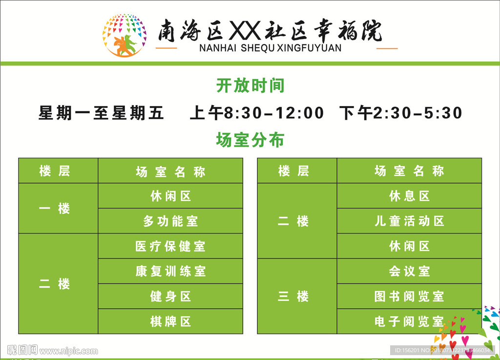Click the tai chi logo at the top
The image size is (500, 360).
[125, 35]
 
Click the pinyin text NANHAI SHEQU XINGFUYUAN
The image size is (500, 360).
[270, 48]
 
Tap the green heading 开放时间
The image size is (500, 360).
[250, 85]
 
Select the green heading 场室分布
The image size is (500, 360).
[250, 140]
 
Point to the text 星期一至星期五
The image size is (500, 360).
[101, 113]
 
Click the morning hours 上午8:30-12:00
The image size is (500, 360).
[257, 113]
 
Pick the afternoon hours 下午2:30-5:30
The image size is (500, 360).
[400, 113]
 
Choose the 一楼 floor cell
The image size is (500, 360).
[58, 208]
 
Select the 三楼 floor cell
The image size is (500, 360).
[297, 296]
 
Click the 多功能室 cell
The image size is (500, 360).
[170, 221]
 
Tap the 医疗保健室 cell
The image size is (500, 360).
[170, 246]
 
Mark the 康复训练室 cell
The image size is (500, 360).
[170, 271]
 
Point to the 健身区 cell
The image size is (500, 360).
[170, 296]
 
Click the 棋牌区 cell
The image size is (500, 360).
[170, 321]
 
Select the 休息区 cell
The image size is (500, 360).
[409, 196]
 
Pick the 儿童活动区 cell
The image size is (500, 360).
[409, 221]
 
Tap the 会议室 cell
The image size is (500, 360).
[409, 271]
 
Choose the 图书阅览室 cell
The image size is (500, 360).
[409, 296]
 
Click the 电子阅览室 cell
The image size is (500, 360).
[409, 321]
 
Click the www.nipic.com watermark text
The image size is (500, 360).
[68, 351]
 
